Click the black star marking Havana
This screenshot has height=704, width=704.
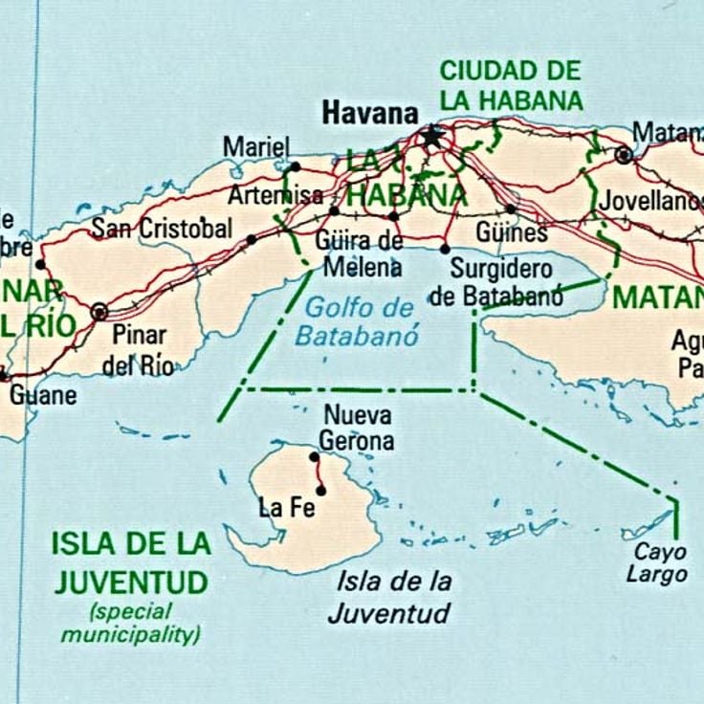[431, 137]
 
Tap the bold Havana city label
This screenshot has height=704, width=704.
[369, 113]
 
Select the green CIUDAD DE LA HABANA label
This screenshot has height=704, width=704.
[510, 85]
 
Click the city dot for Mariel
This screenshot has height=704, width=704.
[296, 166]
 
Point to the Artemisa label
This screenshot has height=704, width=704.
[275, 196]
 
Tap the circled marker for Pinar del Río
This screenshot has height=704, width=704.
[99, 312]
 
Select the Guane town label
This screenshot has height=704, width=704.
[43, 394]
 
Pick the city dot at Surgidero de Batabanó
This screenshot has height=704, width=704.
[445, 249]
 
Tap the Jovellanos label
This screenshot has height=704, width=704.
[648, 201]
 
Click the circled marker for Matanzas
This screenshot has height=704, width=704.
[624, 154]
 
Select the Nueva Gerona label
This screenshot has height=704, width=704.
[357, 429]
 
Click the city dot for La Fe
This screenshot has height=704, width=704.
[321, 491]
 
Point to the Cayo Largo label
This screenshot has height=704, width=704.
[656, 563]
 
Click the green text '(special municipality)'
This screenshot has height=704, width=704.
[131, 622]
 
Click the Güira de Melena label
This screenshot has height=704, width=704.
[363, 251]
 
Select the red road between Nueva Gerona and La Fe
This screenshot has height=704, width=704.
[318, 473]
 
